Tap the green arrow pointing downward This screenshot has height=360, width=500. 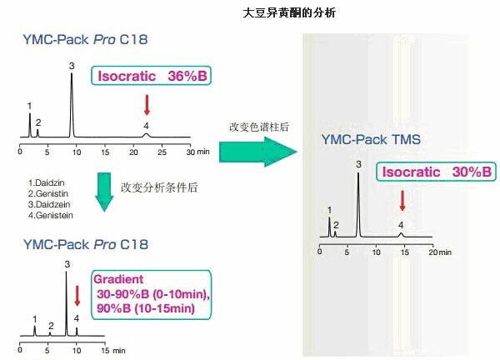[104, 188]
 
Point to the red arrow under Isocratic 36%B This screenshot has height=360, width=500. [147, 104]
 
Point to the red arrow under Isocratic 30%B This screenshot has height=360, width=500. [402, 200]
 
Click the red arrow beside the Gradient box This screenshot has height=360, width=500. [78, 296]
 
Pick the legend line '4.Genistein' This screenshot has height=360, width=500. [50, 215]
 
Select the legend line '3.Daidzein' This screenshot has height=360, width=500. [49, 204]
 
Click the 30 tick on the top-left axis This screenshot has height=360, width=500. [189, 152]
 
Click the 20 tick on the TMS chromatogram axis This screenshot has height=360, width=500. [431, 251]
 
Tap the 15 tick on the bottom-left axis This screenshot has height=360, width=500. [104, 350]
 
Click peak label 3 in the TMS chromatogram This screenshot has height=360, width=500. [358, 164]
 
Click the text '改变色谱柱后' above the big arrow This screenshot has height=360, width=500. [258, 127]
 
